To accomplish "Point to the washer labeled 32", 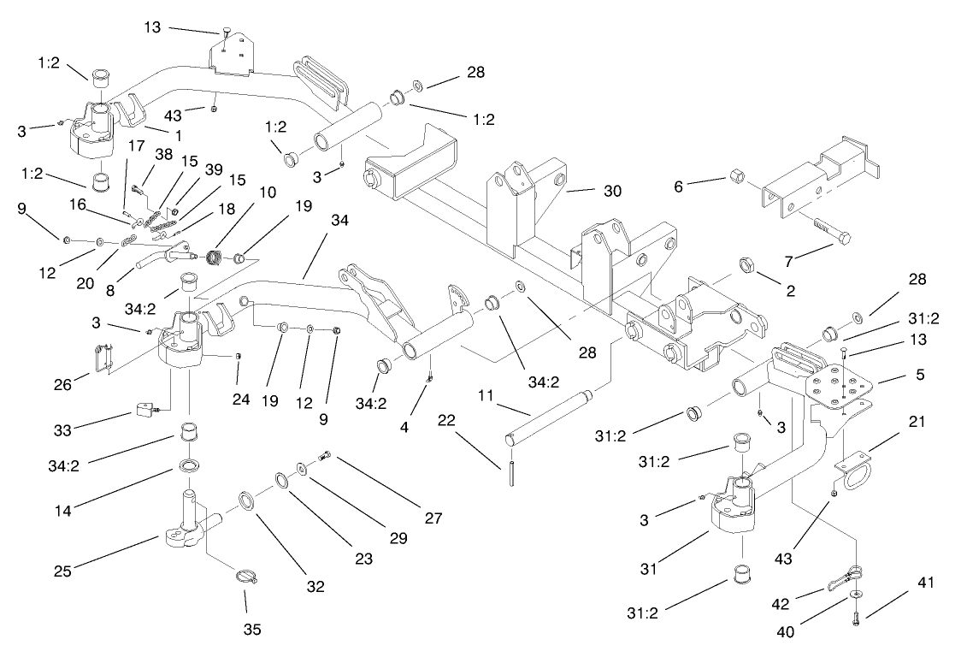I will pos(244,500).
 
